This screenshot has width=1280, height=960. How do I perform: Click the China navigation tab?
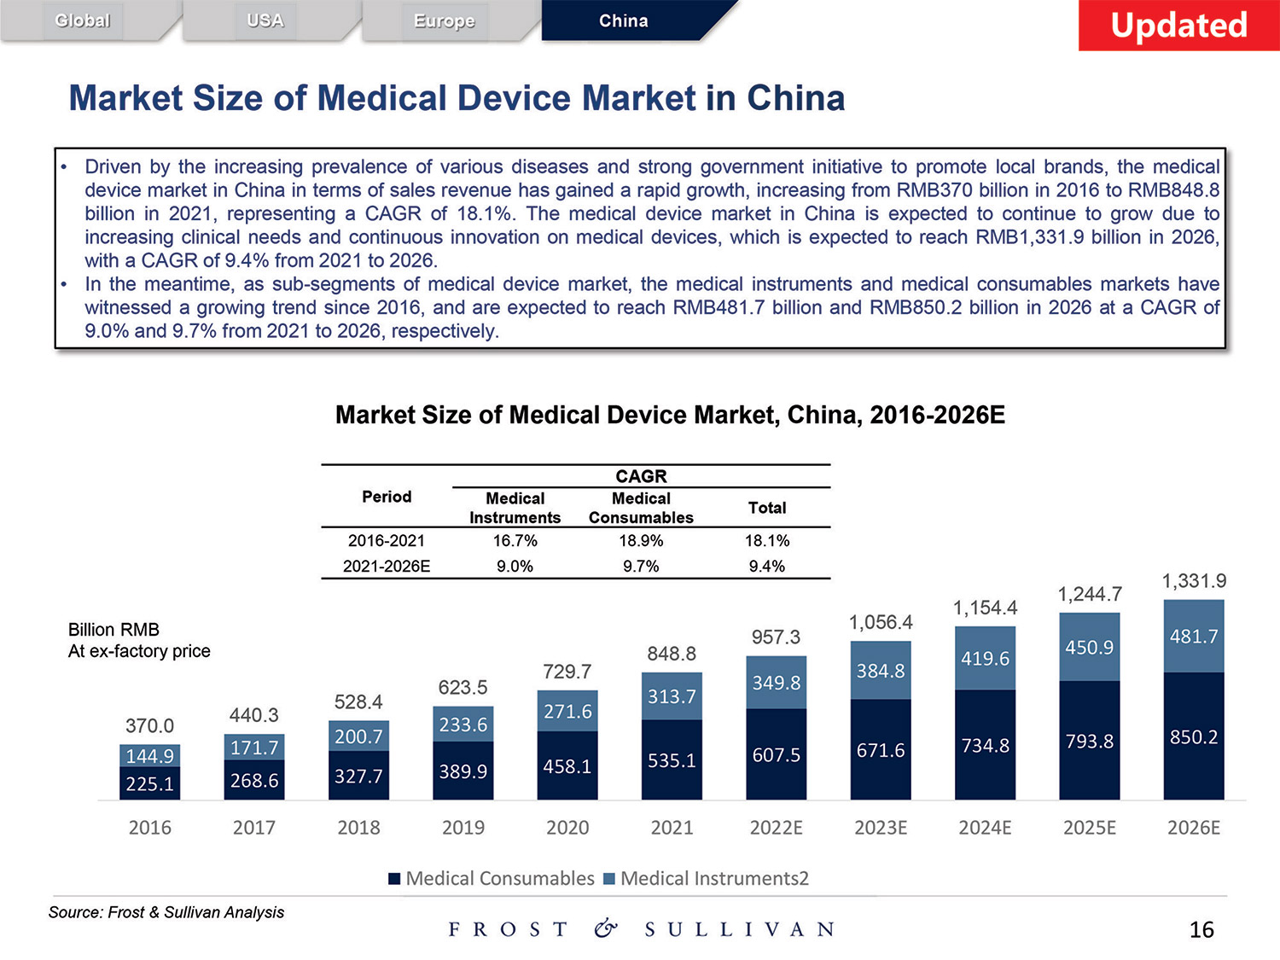coord(624,20)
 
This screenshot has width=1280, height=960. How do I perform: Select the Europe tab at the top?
coord(444,20)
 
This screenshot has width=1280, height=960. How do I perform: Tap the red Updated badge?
coord(1178,26)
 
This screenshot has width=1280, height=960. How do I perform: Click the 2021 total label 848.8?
coord(672,654)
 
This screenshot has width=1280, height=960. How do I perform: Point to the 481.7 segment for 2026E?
coord(1194,637)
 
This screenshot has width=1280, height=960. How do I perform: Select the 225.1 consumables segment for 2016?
coord(149,783)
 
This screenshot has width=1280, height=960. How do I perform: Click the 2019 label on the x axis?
coord(463,828)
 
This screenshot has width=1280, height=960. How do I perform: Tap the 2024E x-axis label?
coord(985,828)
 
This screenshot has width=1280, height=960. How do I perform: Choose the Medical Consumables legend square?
coord(394,879)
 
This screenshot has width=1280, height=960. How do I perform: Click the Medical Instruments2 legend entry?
coord(713,879)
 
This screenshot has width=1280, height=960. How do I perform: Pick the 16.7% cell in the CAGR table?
coord(515,541)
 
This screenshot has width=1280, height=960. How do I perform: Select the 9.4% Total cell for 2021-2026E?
coord(766,567)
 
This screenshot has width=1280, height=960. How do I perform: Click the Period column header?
coord(387,497)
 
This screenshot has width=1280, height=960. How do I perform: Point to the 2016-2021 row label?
coord(386,541)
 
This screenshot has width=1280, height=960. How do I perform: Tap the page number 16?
coord(1201,930)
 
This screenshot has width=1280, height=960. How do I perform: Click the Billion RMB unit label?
coord(113,630)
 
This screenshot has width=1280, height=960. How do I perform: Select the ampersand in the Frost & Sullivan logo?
coord(606,929)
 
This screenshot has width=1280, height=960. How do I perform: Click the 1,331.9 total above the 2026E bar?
coord(1194,581)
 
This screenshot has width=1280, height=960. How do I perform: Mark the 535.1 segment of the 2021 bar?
coord(672,760)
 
